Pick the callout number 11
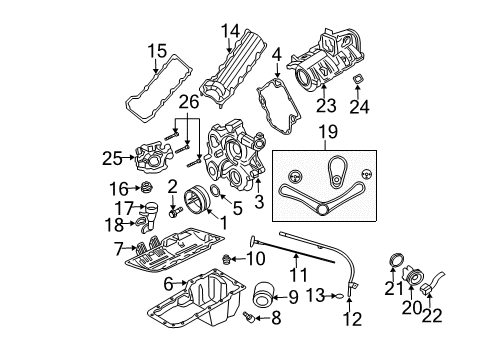pyautogui.click(x=295, y=273)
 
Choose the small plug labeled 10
pyautogui.click(x=227, y=260)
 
